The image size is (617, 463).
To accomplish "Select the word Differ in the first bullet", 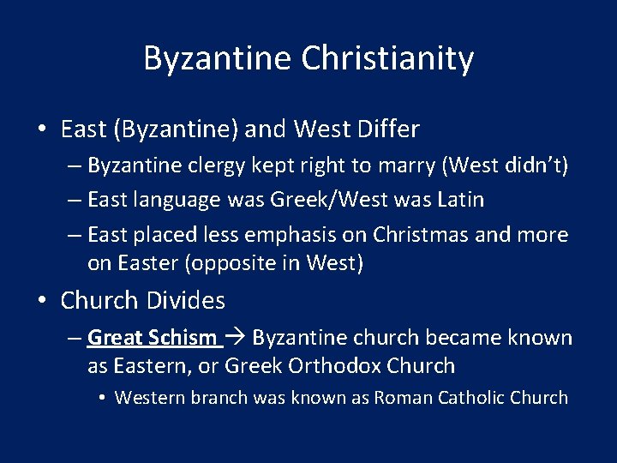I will [x=386, y=130].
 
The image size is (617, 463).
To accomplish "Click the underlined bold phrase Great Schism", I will [x=152, y=338].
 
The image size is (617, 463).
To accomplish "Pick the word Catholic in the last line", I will [x=470, y=398].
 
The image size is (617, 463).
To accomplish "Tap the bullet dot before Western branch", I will [x=101, y=398].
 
